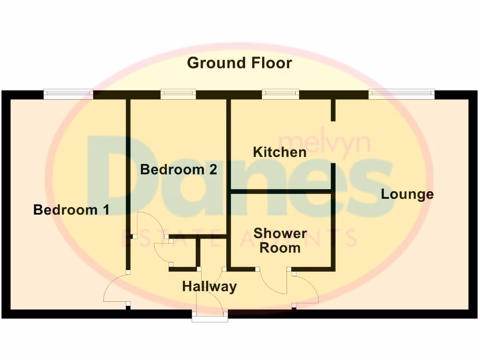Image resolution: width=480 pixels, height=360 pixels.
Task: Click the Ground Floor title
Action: click(240, 63)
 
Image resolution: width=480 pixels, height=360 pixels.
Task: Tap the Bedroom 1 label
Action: click(71, 210)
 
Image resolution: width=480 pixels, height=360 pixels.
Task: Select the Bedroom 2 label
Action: click(179, 169)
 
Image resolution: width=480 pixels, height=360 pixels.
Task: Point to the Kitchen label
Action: click(279, 152)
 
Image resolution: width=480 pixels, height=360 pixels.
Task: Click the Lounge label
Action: click(407, 194)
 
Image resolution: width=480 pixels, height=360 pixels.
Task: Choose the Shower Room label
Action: click(280, 240)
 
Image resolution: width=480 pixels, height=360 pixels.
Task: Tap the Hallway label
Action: click(210, 286)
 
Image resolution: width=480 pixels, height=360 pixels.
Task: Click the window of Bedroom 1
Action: click(69, 95)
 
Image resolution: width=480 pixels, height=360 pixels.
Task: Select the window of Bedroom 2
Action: click(178, 95)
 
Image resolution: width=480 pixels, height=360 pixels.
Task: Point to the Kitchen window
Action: click(280, 95)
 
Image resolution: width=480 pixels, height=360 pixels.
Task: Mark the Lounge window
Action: click(402, 95)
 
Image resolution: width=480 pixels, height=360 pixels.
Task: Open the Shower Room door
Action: click(275, 284)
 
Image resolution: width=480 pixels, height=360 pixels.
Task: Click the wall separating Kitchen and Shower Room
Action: click(281, 191)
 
